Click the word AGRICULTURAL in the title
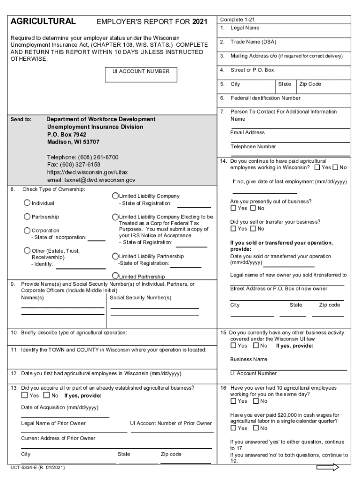tap(43, 22)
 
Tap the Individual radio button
tap(27, 203)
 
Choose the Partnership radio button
tap(27, 217)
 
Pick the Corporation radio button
tap(27, 231)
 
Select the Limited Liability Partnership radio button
tap(115, 256)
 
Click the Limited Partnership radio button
tap(115, 276)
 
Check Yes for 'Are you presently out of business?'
tap(233, 208)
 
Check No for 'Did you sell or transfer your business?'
tap(253, 229)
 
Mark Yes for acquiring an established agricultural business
tap(24, 395)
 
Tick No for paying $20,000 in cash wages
tap(253, 428)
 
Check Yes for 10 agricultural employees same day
tap(233, 401)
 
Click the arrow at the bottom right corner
tap(327, 467)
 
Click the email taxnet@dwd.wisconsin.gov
tap(91, 180)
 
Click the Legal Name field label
tap(245, 28)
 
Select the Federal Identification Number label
tap(265, 98)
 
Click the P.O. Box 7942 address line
tap(66, 134)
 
